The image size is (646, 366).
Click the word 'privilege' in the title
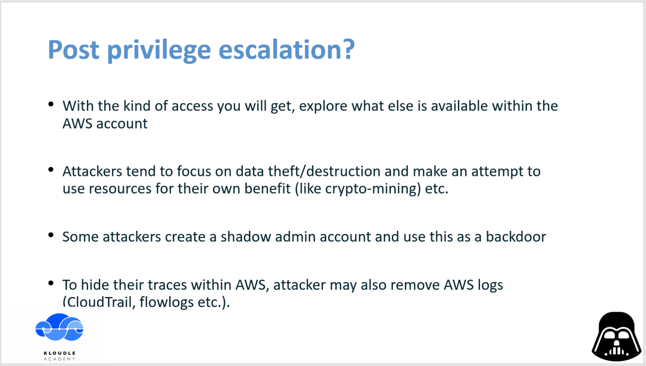(159, 50)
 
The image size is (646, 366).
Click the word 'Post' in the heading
(73, 50)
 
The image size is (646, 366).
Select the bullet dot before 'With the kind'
(51, 104)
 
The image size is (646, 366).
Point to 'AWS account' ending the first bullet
(105, 123)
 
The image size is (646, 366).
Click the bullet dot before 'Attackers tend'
(51, 169)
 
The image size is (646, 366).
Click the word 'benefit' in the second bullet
(267, 188)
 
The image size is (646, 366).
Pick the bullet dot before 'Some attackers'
(51, 235)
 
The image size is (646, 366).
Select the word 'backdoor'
(516, 237)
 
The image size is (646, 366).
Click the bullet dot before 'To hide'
(51, 283)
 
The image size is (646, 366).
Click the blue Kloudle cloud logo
(59, 327)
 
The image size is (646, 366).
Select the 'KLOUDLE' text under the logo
(60, 353)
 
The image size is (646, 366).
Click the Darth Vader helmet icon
(616, 337)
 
